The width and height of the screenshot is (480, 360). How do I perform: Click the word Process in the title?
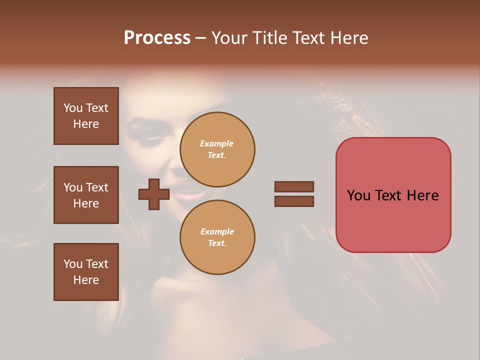(x=157, y=38)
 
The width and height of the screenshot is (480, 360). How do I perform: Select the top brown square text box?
(x=86, y=116)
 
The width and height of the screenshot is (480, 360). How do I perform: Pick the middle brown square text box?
(x=86, y=195)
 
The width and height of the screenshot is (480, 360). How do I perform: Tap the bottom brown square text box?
(x=86, y=272)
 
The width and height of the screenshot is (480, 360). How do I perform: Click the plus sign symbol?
(x=153, y=194)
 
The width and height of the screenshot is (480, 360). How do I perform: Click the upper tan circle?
(x=217, y=149)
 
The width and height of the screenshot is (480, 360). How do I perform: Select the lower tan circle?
(x=217, y=237)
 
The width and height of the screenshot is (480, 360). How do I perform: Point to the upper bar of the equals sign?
(x=294, y=187)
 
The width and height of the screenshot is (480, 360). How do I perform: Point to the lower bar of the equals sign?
(x=294, y=201)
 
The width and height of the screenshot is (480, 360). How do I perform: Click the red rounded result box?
(x=393, y=195)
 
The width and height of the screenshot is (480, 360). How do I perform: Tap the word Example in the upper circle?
(x=217, y=143)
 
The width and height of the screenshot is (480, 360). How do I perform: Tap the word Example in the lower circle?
(x=217, y=231)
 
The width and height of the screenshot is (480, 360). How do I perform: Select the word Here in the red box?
(x=422, y=195)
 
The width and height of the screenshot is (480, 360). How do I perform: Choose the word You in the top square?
(x=72, y=108)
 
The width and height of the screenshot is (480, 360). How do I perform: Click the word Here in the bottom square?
(x=86, y=280)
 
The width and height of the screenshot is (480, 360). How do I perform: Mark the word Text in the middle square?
(x=96, y=187)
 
